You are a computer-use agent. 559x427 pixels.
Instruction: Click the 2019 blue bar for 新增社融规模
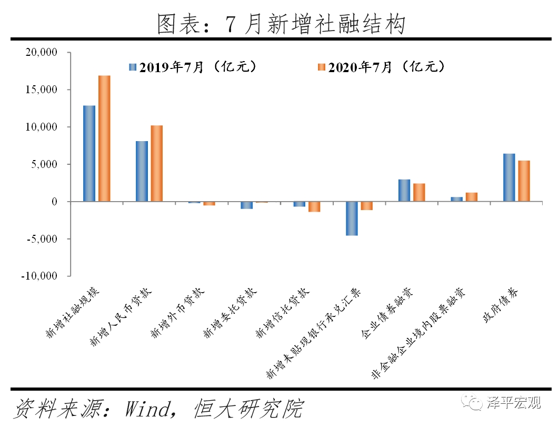(x=89, y=153)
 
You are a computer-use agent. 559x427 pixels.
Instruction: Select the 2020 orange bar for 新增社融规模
(x=104, y=138)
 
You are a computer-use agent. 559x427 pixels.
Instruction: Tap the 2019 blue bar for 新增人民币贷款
(x=142, y=171)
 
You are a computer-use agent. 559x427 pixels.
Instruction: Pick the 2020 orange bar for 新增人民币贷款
(x=157, y=163)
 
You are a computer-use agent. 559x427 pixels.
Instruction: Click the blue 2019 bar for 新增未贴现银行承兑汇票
(x=352, y=219)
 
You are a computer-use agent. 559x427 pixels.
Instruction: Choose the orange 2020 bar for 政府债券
(x=524, y=181)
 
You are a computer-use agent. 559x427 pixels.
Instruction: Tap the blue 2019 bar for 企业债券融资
(x=404, y=190)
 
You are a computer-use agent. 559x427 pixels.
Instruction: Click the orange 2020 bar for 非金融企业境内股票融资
(x=472, y=197)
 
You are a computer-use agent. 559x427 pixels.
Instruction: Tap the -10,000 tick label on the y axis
(x=39, y=276)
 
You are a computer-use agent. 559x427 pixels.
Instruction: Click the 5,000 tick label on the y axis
(x=46, y=164)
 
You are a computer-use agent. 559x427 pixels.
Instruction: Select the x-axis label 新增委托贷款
(x=230, y=313)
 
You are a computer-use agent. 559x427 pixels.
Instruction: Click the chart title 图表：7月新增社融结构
(x=279, y=24)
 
